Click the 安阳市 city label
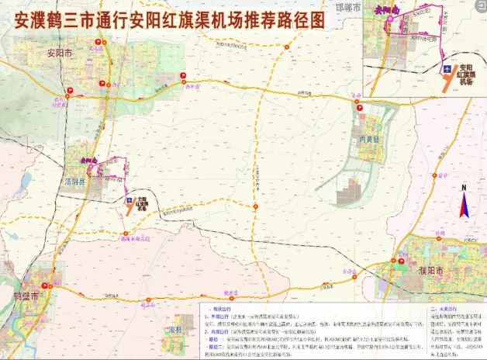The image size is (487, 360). point(59,54)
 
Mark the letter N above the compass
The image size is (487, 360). point(463,188)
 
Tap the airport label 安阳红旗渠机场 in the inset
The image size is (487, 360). point(468,71)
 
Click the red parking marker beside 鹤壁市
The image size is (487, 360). point(50,275)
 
